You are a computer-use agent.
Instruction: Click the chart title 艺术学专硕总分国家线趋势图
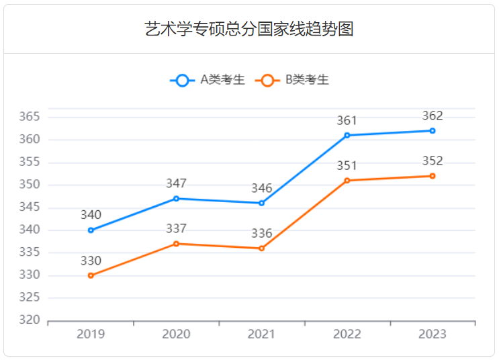[249, 29]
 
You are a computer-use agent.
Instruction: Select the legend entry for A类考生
[208, 80]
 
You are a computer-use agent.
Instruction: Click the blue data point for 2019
[91, 230]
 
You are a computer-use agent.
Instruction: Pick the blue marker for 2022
[347, 135]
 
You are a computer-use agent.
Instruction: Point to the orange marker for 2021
[262, 249]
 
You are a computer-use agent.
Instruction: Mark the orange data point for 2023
[433, 176]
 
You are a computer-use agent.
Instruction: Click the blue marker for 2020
[176, 198]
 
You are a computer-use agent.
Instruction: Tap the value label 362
[433, 116]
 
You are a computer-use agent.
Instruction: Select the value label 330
[91, 261]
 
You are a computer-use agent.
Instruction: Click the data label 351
[347, 166]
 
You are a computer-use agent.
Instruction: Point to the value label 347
[176, 183]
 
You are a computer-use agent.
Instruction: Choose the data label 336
[262, 234]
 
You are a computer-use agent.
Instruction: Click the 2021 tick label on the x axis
[262, 334]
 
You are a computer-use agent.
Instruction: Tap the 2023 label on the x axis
[433, 334]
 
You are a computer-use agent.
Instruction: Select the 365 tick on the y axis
[30, 117]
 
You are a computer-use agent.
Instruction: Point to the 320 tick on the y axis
[30, 320]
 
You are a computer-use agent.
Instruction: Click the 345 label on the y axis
[30, 208]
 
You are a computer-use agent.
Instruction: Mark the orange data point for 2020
[176, 244]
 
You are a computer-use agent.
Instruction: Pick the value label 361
[347, 121]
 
